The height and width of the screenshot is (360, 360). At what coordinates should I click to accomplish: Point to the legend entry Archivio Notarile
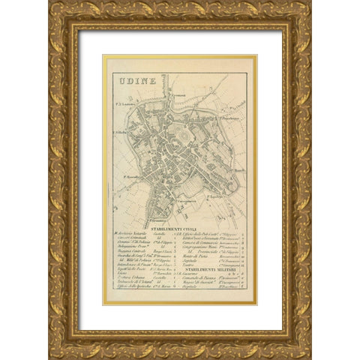pyautogui.click(x=129, y=236)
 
